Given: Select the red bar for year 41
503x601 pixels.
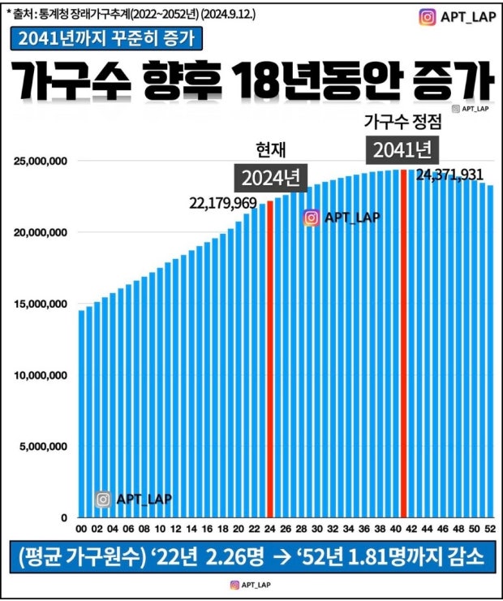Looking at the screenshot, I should [403, 341].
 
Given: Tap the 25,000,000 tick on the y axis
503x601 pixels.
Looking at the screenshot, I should [41, 162].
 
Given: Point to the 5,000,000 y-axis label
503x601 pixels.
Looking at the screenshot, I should [43, 446].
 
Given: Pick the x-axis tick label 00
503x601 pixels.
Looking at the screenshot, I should [81, 528].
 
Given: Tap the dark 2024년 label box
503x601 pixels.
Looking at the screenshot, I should [270, 178].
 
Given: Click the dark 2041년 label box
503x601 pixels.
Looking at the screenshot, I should [403, 149].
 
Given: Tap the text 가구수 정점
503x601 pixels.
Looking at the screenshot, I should [402, 123].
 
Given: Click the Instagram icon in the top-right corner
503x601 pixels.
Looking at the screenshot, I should [428, 17].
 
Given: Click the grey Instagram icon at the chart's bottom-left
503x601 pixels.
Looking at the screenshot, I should [103, 499].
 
